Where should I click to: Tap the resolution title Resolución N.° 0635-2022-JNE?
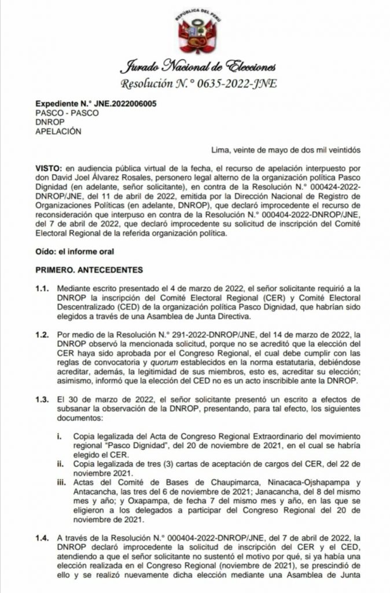194,84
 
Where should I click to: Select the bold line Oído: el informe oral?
74,251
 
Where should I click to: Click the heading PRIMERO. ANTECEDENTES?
89,270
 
